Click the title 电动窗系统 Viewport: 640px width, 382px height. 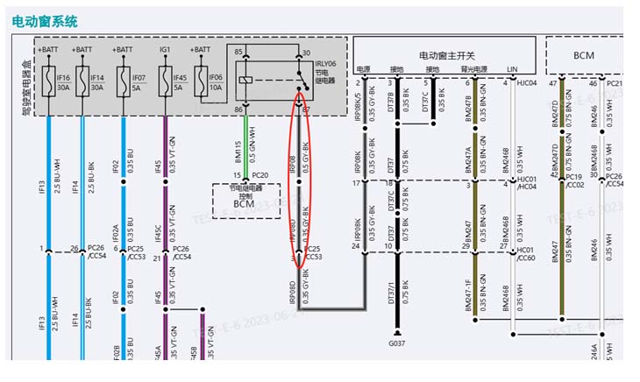(45, 18)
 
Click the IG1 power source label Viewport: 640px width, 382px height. (164, 50)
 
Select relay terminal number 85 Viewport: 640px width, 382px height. (238, 53)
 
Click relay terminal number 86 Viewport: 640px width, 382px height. (238, 109)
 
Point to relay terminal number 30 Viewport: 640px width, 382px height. (306, 53)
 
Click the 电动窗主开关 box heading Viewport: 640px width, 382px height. (448, 54)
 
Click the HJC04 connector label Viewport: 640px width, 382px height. (527, 83)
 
